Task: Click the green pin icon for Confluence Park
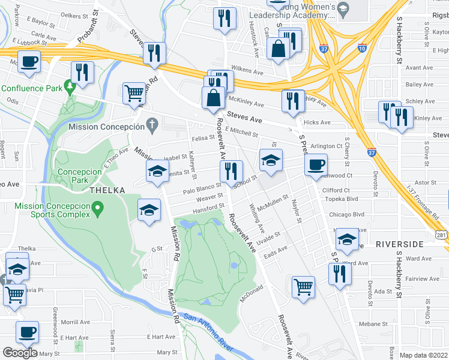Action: pyautogui.click(x=70, y=88)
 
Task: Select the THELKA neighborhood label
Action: pyautogui.click(x=107, y=190)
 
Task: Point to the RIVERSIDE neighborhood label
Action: pyautogui.click(x=400, y=244)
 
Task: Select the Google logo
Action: pyautogui.click(x=20, y=353)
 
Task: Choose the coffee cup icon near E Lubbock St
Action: pyautogui.click(x=29, y=61)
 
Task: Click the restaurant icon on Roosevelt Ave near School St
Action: pyautogui.click(x=231, y=171)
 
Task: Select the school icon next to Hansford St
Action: pyautogui.click(x=149, y=210)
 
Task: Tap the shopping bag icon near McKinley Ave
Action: pyautogui.click(x=213, y=97)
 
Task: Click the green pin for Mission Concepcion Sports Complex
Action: pyautogui.click(x=97, y=208)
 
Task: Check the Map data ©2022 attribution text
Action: pyautogui.click(x=423, y=355)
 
